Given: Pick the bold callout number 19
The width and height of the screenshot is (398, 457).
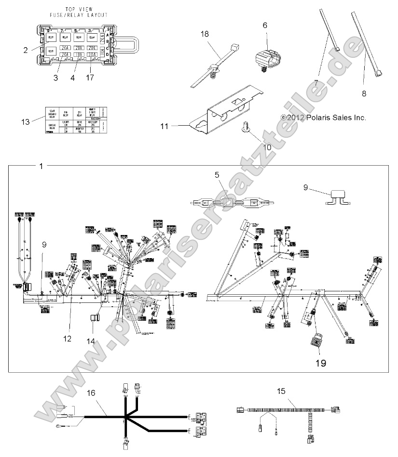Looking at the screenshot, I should [x=321, y=363].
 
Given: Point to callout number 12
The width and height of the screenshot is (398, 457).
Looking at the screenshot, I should [x=67, y=339].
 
